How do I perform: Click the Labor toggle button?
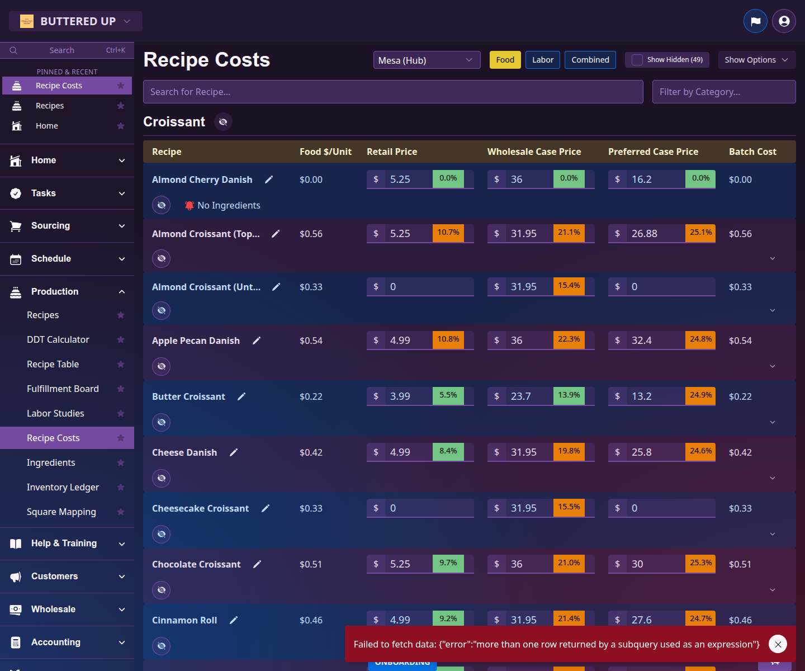click(x=542, y=60)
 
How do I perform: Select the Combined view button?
click(x=590, y=60)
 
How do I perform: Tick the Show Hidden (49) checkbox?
click(x=637, y=60)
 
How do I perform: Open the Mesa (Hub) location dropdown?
click(x=427, y=60)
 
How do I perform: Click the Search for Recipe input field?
click(x=393, y=92)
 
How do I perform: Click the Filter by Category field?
click(x=723, y=92)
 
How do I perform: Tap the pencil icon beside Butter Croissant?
click(x=241, y=396)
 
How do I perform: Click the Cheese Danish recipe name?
click(x=184, y=452)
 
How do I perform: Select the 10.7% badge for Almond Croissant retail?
click(x=448, y=233)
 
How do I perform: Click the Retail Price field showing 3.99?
click(x=408, y=396)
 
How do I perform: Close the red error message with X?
click(x=778, y=644)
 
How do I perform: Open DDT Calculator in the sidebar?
click(x=58, y=339)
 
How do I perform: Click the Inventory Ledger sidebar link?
click(x=63, y=487)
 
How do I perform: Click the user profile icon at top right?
click(x=784, y=21)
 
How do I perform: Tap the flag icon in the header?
click(x=755, y=21)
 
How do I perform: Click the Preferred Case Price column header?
click(x=653, y=152)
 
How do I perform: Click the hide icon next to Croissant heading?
click(x=223, y=122)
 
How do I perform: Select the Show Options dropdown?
click(x=756, y=60)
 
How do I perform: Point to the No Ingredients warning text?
click(x=229, y=205)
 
